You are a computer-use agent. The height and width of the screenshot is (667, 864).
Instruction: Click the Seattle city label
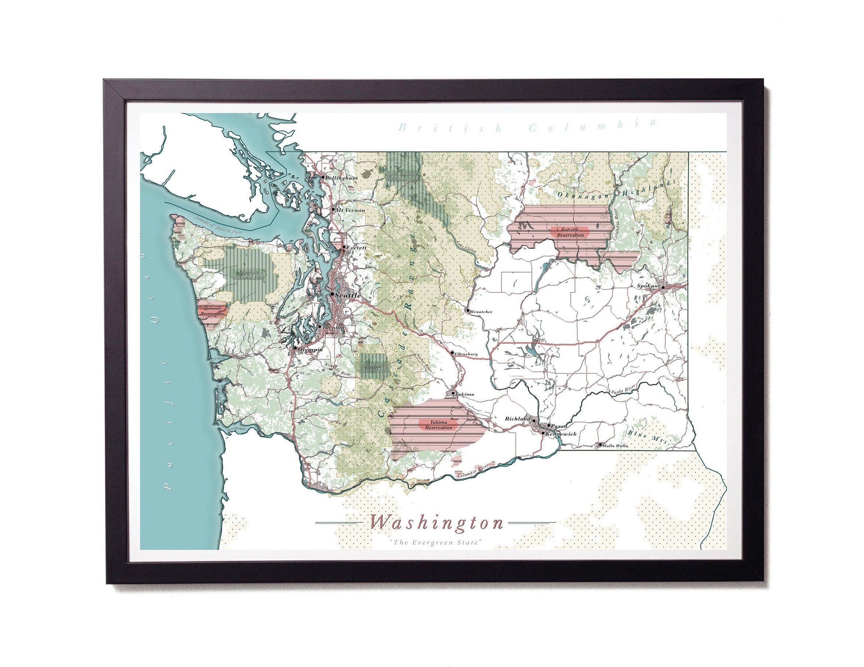(x=348, y=295)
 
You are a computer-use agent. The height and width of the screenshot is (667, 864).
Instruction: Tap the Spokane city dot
(x=663, y=288)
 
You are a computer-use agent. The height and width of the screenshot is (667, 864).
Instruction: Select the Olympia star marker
(x=295, y=348)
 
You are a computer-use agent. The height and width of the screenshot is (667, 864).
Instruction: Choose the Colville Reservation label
(x=570, y=232)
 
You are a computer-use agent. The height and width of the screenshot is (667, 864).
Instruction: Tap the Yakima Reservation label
(x=438, y=425)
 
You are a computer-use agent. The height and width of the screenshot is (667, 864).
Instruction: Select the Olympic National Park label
(x=249, y=274)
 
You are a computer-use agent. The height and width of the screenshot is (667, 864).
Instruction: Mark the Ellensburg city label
(x=466, y=354)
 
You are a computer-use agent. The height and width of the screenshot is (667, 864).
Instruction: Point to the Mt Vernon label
(x=350, y=210)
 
